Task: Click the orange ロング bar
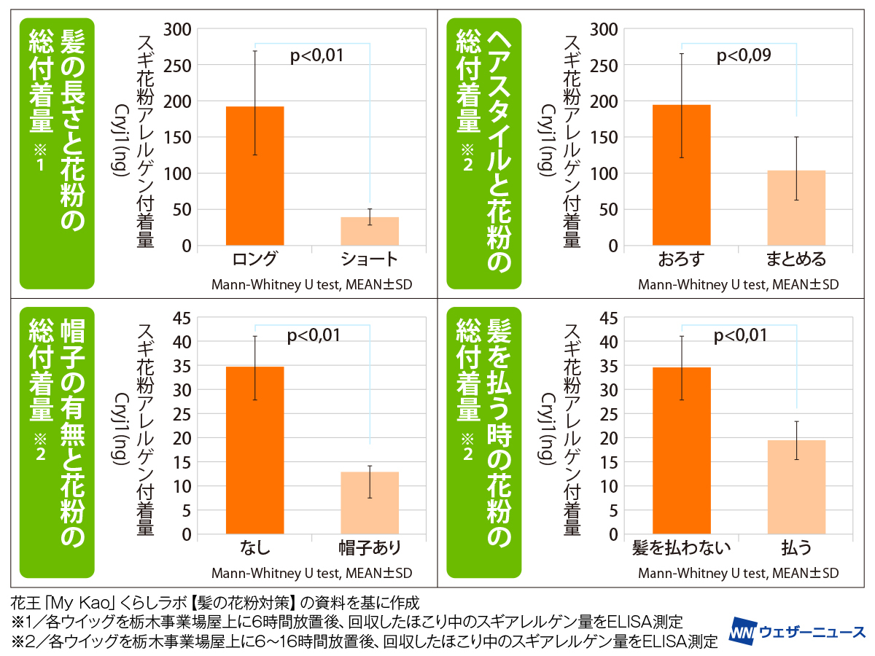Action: click(254, 176)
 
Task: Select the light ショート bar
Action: click(370, 231)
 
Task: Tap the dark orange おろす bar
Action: click(682, 175)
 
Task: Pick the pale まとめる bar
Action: click(796, 208)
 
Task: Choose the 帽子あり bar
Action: click(370, 503)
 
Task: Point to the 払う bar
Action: click(796, 487)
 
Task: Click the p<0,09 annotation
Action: click(744, 55)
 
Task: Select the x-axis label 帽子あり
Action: click(370, 547)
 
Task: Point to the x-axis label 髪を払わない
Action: click(682, 547)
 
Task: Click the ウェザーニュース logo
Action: click(798, 631)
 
